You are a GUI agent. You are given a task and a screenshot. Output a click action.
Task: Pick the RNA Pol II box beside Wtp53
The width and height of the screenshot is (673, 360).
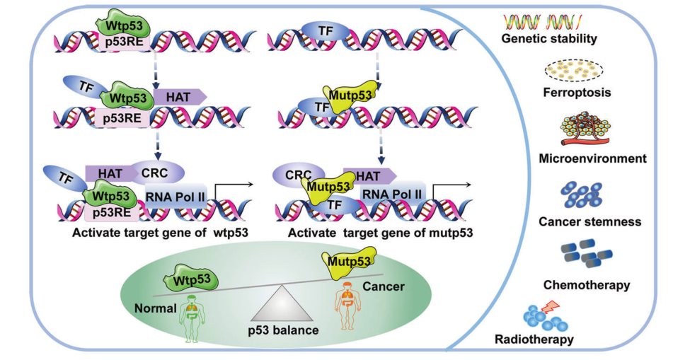(176, 195)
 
